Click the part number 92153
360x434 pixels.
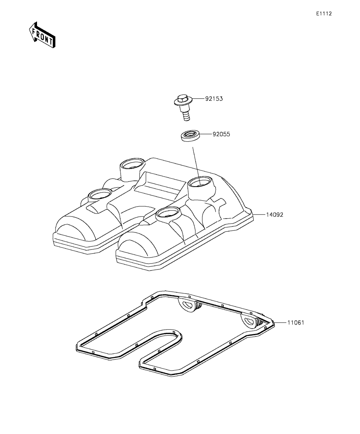[214, 99]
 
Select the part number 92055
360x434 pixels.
[221, 134]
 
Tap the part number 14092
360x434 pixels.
[275, 215]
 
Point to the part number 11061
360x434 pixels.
[295, 323]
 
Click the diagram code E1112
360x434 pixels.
[324, 13]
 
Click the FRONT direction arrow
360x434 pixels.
[42, 35]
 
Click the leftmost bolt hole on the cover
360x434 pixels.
[100, 194]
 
